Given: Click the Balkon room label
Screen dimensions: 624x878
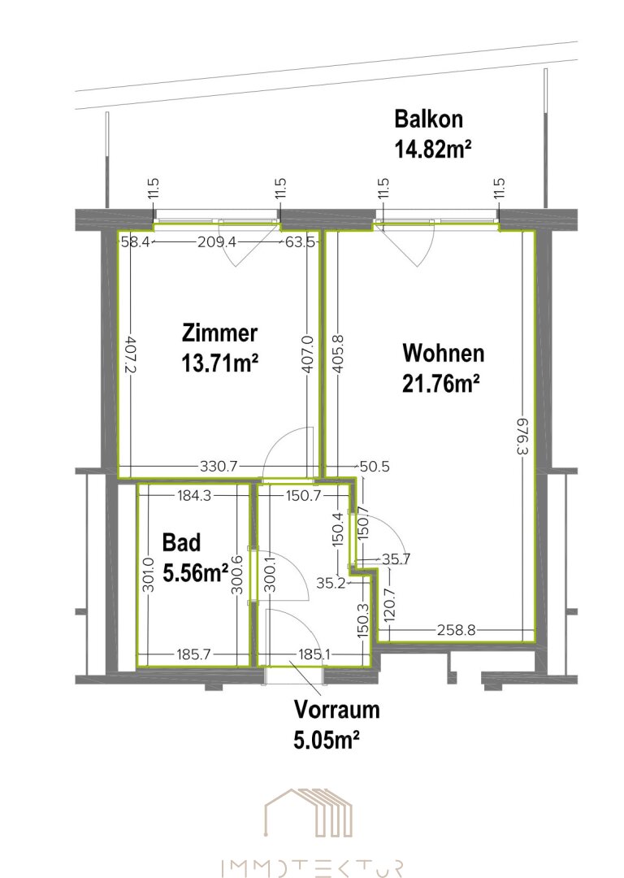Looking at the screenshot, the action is pos(429,120).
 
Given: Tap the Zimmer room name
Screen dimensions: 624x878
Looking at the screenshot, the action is pos(220,333).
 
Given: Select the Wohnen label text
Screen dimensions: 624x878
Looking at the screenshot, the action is pos(444,354).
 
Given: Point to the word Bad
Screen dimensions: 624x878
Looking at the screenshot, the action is pos(181,542).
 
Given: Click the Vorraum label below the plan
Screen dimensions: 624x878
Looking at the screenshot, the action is pos(337,710).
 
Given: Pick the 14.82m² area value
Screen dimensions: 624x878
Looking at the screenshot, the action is pos(432,150).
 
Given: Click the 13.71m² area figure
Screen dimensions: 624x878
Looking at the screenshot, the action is pos(220,363).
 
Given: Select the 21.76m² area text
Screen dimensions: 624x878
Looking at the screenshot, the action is pos(441,384).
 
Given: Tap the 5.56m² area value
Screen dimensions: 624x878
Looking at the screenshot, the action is pos(195,573).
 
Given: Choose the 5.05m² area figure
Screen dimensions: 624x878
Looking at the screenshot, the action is pos(327,740).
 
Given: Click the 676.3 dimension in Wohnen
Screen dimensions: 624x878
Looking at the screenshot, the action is pos(522,436).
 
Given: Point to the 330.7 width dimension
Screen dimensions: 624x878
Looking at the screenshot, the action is pos(219,466).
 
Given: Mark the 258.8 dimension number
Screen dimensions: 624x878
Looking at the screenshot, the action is pos(457,630).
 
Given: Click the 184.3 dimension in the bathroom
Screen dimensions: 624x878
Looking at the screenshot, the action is pos(194,496).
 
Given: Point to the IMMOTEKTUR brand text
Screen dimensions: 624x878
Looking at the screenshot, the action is pos(312,868).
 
